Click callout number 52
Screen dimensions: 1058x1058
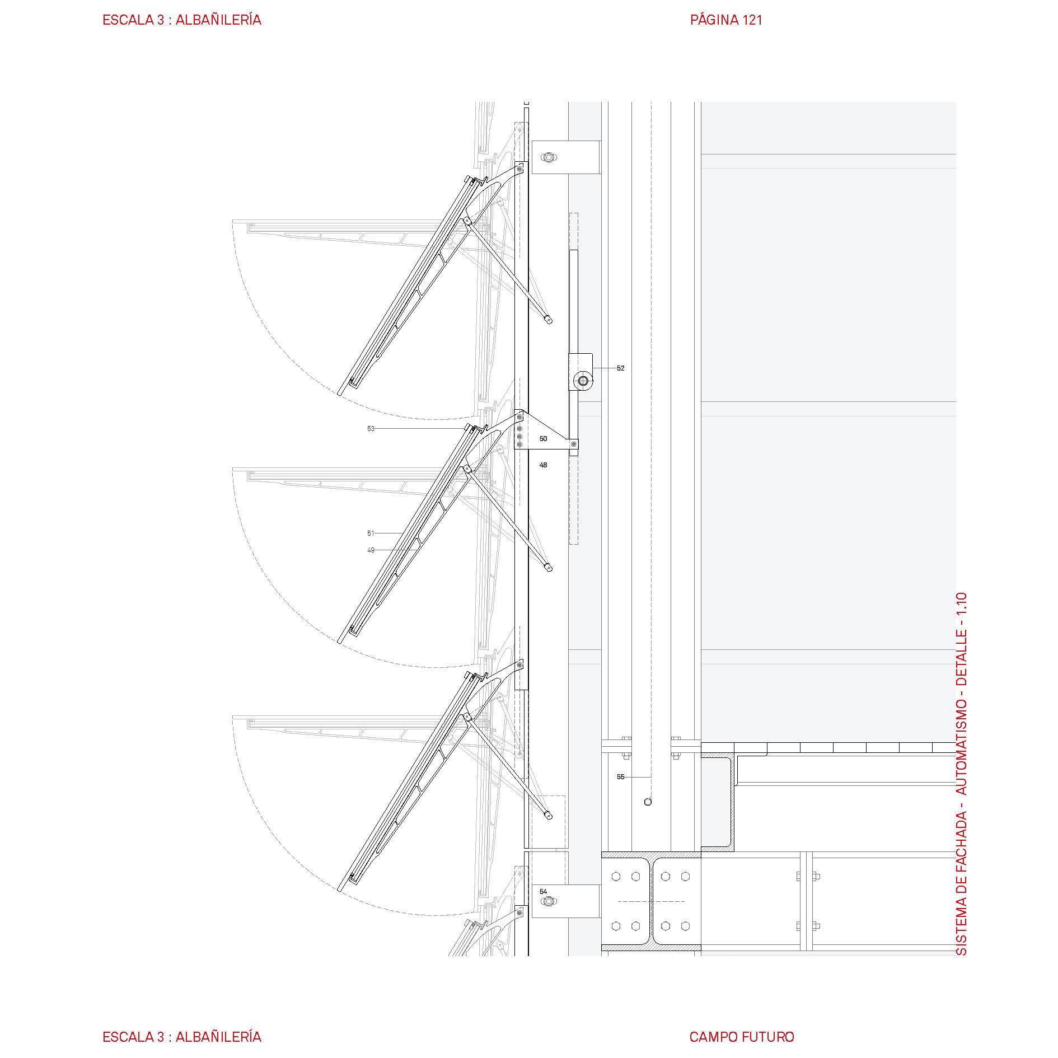(620, 368)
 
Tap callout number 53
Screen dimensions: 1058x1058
(371, 429)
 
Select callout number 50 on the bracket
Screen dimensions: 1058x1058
(543, 439)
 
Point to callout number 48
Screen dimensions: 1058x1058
(543, 465)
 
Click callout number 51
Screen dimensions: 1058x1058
(371, 533)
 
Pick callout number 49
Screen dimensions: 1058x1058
(371, 550)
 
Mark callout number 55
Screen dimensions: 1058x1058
(620, 777)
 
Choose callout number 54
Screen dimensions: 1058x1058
(543, 891)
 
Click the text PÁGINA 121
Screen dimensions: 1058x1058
(726, 20)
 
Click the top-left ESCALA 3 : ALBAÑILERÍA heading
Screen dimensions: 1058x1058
(182, 20)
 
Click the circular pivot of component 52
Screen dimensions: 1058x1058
(583, 381)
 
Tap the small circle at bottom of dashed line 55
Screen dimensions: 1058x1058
(648, 802)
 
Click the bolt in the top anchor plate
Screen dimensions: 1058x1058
(548, 157)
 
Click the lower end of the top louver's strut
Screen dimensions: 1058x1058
(549, 320)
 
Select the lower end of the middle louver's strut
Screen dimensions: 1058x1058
(549, 568)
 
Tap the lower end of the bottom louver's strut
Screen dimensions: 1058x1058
(549, 816)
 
